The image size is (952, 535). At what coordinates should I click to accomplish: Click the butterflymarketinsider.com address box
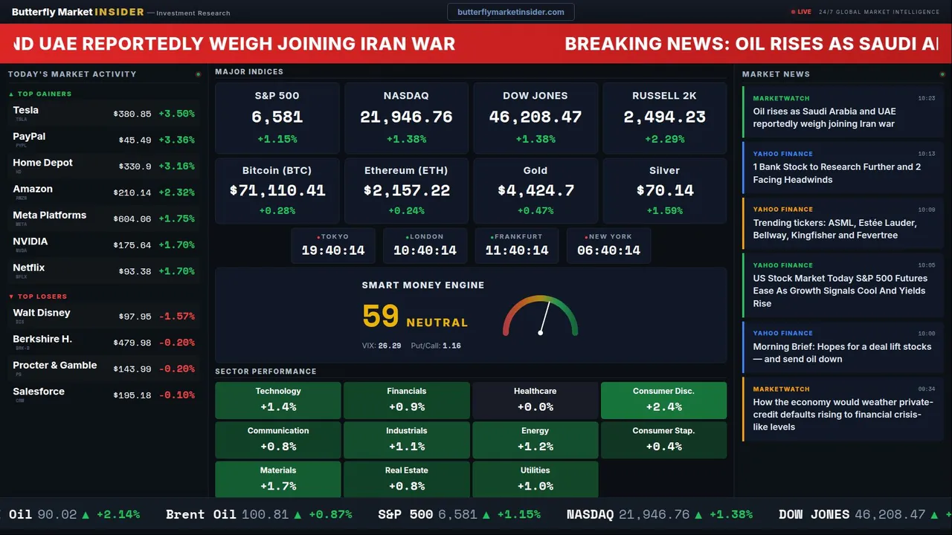click(x=510, y=12)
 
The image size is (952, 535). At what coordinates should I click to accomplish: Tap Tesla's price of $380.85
click(x=132, y=114)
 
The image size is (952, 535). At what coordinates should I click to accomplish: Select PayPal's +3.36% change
click(x=176, y=140)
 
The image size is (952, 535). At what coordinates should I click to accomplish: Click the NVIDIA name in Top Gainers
click(x=30, y=241)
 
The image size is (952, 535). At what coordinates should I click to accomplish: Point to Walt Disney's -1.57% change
click(x=176, y=317)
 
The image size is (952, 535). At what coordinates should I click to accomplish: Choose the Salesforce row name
click(x=39, y=392)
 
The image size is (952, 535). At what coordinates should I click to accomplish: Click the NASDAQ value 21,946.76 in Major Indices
click(x=406, y=117)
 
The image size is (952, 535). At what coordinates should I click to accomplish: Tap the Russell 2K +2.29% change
click(x=664, y=139)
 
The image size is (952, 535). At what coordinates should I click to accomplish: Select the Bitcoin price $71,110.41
click(x=277, y=191)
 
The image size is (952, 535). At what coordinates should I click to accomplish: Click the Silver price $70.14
click(x=664, y=191)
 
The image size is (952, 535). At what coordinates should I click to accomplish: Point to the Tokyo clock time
click(x=333, y=250)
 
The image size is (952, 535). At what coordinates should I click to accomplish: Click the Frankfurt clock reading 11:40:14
click(x=517, y=250)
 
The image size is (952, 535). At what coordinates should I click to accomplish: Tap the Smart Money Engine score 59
click(x=381, y=317)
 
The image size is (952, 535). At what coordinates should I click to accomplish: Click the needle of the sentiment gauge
click(x=544, y=318)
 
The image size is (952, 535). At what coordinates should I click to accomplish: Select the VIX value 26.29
click(x=389, y=346)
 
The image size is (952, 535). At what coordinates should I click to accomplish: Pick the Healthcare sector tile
click(x=535, y=400)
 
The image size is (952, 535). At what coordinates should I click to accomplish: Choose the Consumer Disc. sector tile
click(x=663, y=400)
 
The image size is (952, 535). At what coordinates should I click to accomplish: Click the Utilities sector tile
click(x=535, y=479)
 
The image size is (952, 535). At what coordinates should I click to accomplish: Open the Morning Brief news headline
click(x=842, y=353)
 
